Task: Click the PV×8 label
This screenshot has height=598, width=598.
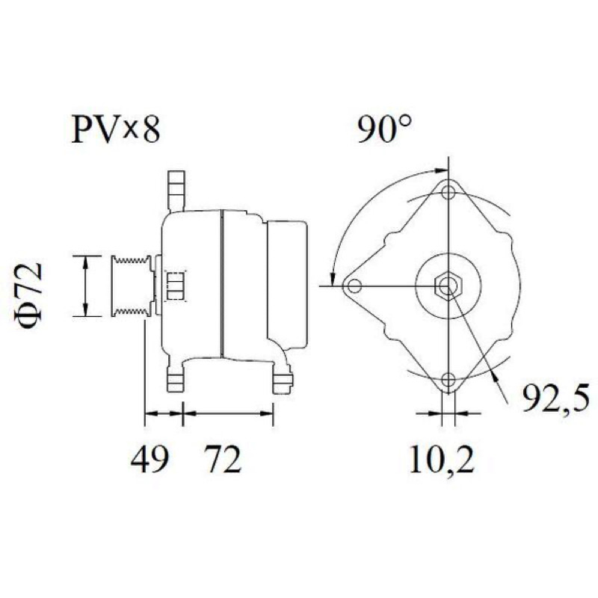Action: coord(116,129)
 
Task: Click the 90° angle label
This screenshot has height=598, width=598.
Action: coord(385,129)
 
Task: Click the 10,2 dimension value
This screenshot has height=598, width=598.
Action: coord(442,459)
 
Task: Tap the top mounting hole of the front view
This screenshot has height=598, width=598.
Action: coord(449,192)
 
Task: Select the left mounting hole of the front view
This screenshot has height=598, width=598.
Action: coord(354,286)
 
